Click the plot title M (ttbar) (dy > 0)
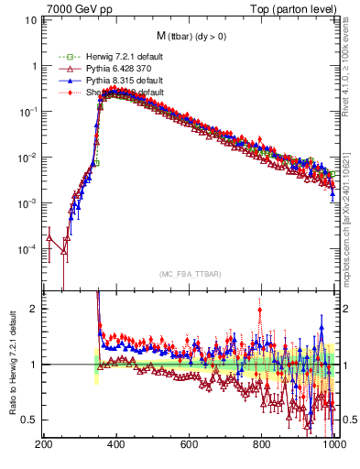pyautogui.click(x=188, y=36)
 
